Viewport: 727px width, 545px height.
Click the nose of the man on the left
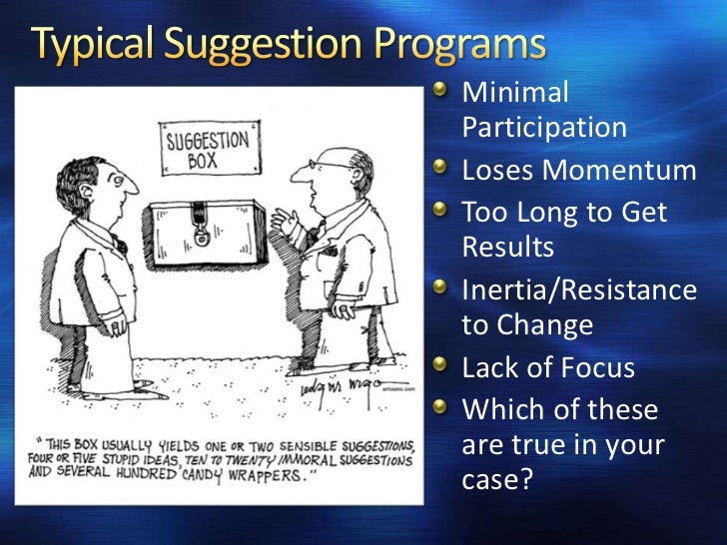pos(133,186)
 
